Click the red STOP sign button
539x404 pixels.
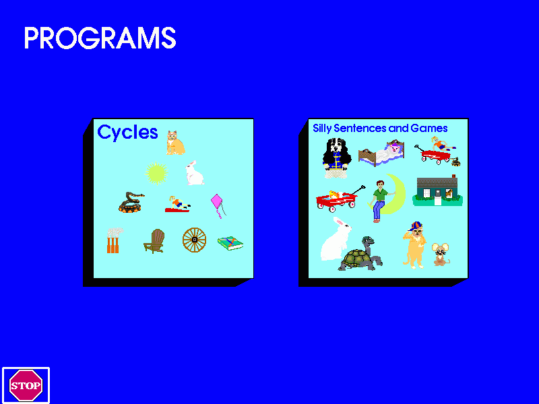26,385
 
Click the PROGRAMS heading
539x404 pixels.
100,38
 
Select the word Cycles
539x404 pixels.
127,132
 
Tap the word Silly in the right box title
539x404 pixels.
322,129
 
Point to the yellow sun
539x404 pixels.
156,174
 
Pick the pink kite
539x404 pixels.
218,206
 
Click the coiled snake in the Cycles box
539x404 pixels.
131,203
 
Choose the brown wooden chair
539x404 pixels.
154,241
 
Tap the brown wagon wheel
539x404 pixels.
194,240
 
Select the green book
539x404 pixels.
230,243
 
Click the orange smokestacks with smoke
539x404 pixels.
114,240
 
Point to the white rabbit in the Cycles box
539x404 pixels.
194,173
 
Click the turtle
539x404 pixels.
361,255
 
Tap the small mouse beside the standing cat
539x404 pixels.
441,255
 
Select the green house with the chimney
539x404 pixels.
437,191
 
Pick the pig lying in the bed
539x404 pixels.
394,149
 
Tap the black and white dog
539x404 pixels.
336,156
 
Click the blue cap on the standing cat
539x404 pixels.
416,226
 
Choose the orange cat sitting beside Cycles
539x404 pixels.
175,143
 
